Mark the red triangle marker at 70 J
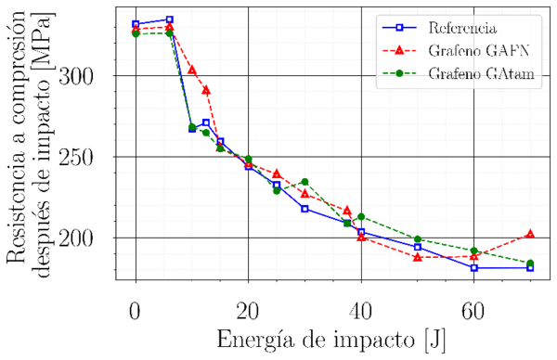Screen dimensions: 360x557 (x=530, y=234)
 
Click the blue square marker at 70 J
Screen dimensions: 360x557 (x=530, y=267)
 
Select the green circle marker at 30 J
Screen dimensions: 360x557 (x=304, y=182)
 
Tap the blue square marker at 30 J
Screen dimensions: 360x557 (x=304, y=209)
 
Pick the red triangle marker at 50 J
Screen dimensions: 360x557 (x=418, y=256)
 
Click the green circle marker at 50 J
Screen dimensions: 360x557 (x=418, y=239)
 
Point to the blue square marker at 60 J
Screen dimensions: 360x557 (x=473, y=267)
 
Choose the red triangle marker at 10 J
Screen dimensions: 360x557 (x=192, y=70)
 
